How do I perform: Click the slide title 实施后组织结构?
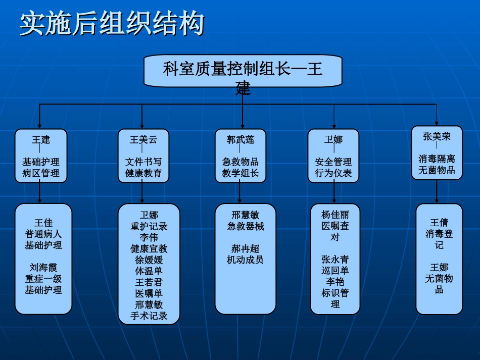click(x=112, y=24)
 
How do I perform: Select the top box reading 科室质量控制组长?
click(x=243, y=70)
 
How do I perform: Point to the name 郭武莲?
click(x=241, y=140)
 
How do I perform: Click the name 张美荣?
click(x=437, y=136)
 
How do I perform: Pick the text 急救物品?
click(x=241, y=162)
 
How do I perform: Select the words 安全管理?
click(x=333, y=162)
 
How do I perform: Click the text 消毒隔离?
click(x=437, y=159)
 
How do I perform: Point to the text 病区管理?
click(x=41, y=173)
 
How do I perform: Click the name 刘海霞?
click(x=43, y=268)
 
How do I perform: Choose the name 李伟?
click(x=149, y=238)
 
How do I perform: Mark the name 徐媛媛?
click(x=149, y=260)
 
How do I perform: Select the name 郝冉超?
click(x=246, y=249)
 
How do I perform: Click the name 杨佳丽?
click(x=335, y=215)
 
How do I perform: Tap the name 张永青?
click(x=335, y=260)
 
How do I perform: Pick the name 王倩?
click(x=439, y=223)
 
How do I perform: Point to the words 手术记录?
click(x=149, y=316)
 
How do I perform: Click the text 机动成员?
click(x=246, y=260)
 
